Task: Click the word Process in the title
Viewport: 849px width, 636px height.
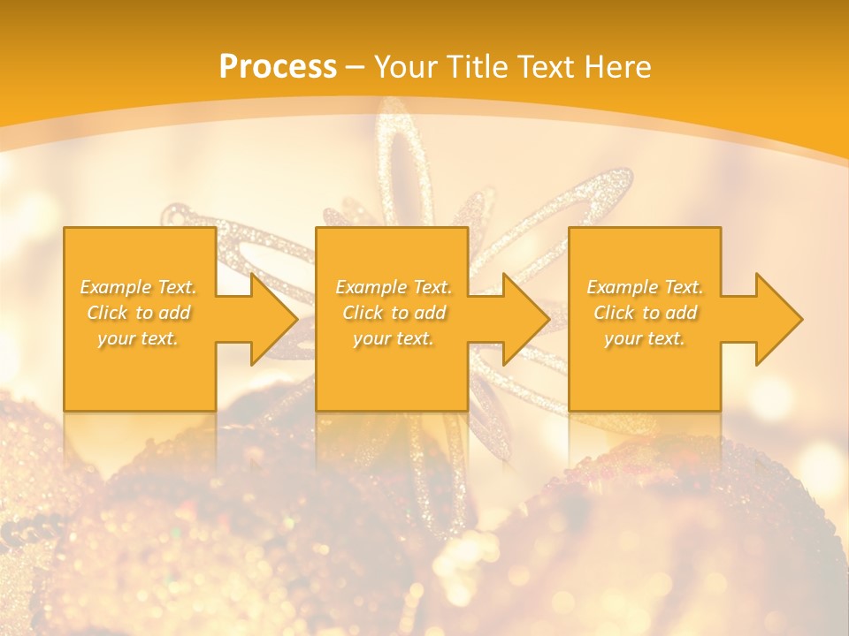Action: [x=278, y=67]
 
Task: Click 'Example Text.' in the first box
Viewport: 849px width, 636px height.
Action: [x=139, y=287]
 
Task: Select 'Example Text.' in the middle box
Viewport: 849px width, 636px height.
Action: [x=394, y=287]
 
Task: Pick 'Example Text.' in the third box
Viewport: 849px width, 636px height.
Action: [x=645, y=287]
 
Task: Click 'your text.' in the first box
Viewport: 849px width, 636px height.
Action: [x=139, y=338]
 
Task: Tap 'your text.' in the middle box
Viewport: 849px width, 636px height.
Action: [x=394, y=338]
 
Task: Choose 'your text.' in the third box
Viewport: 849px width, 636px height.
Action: [x=645, y=338]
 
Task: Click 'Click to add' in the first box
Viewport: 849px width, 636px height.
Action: [x=139, y=313]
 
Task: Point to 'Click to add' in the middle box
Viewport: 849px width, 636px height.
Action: [x=394, y=313]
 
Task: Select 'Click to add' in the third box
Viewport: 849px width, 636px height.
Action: [x=645, y=313]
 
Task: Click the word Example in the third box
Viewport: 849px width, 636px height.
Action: [x=623, y=287]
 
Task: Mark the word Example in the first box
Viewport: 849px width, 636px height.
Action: [x=117, y=287]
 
